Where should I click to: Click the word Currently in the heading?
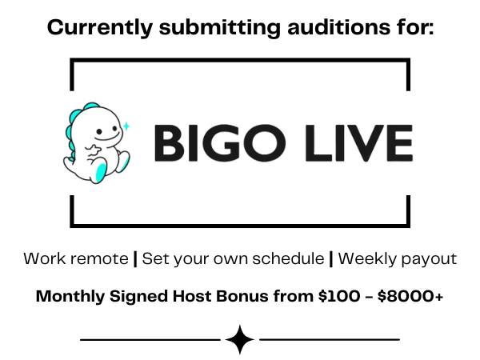pyautogui.click(x=100, y=27)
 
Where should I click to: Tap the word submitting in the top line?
pyautogui.click(x=220, y=28)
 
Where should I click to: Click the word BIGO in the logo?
pyautogui.click(x=220, y=143)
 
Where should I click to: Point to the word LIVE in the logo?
pyautogui.click(x=359, y=143)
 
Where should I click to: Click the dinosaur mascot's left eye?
pyautogui.click(x=99, y=132)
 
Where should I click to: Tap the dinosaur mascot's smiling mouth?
pyautogui.click(x=107, y=137)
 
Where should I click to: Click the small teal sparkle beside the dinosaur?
pyautogui.click(x=126, y=126)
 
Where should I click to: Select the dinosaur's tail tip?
pyautogui.click(x=66, y=162)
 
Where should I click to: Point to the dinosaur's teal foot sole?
pyautogui.click(x=101, y=172)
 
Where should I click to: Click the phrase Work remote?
pyautogui.click(x=76, y=258)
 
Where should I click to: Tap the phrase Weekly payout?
pyautogui.click(x=398, y=259)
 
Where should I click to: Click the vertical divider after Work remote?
pyautogui.click(x=135, y=259)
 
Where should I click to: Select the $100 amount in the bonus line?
pyautogui.click(x=339, y=296)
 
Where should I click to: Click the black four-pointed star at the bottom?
pyautogui.click(x=240, y=339)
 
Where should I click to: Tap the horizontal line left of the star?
pyautogui.click(x=150, y=339)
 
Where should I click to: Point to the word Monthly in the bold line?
pyautogui.click(x=70, y=297)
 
